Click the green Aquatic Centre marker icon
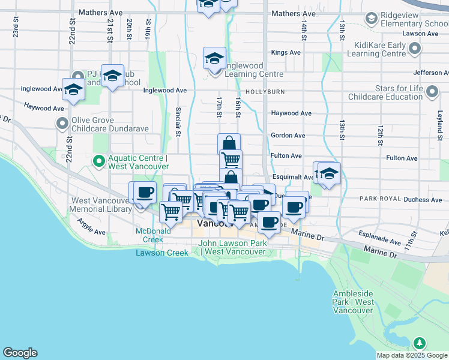(98, 161)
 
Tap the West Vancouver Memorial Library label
(101, 205)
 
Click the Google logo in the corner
(20, 353)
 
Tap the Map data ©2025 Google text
(411, 355)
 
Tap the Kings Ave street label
(286, 53)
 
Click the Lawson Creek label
(162, 253)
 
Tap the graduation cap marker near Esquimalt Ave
(329, 173)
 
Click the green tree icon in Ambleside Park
(420, 343)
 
